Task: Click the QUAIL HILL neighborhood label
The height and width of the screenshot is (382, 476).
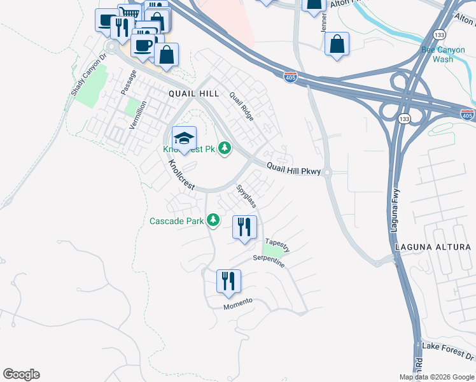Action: tap(193, 93)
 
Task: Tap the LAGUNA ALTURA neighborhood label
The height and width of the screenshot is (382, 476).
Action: tap(433, 247)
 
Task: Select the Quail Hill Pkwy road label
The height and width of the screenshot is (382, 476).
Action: tap(293, 168)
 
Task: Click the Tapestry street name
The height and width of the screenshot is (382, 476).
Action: tap(277, 244)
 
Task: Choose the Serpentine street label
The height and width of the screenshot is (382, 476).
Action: tap(269, 260)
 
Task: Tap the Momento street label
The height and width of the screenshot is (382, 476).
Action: tap(238, 304)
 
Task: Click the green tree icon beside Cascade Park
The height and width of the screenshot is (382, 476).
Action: tap(213, 221)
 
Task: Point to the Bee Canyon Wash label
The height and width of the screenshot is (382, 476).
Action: tap(438, 54)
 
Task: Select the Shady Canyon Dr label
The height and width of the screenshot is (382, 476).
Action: tap(87, 78)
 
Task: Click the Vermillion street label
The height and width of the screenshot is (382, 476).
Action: tap(137, 115)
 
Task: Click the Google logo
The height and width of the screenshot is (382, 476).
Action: tap(21, 374)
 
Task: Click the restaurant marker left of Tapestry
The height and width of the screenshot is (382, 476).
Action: tap(245, 227)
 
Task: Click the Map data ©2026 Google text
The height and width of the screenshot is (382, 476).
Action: tap(436, 377)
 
